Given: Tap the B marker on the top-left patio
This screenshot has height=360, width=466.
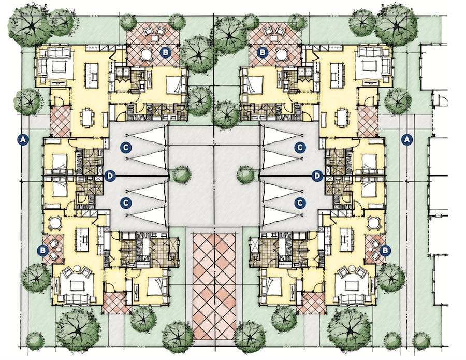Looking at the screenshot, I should [x=165, y=52].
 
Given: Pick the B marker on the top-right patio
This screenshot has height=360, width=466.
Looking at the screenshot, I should [x=263, y=52].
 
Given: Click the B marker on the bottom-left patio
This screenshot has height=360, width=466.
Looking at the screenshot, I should [x=43, y=250].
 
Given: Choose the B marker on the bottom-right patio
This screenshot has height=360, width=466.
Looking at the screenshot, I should [x=384, y=250].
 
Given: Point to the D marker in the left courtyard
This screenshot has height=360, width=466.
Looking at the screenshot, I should [x=109, y=176].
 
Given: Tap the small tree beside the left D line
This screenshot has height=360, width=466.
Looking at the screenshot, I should [x=181, y=175].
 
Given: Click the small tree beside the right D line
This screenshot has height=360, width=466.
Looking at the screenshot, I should [x=246, y=175].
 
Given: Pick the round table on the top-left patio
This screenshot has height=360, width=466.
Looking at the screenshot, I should [x=147, y=54].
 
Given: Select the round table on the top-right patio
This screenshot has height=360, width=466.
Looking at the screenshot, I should [x=282, y=54].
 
